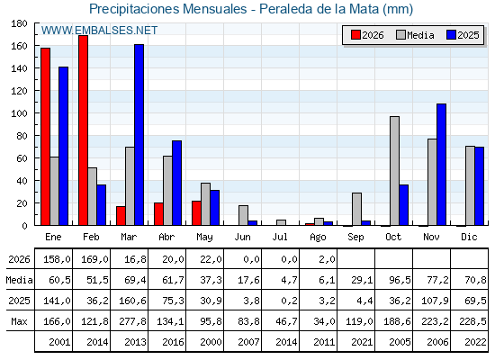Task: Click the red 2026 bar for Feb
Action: click(83, 130)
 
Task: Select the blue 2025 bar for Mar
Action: click(139, 135)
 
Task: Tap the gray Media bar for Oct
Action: click(395, 171)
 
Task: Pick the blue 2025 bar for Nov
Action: click(441, 165)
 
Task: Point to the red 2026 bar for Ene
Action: click(45, 137)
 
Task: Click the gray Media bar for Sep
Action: click(356, 209)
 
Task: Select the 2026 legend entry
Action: click(368, 35)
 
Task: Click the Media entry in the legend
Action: click(415, 35)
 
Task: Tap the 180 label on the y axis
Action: click(19, 23)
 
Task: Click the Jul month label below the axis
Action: click(280, 237)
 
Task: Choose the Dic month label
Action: click(469, 237)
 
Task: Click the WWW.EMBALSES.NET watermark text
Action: click(99, 31)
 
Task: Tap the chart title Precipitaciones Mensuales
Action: click(167, 9)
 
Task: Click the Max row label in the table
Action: click(19, 321)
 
